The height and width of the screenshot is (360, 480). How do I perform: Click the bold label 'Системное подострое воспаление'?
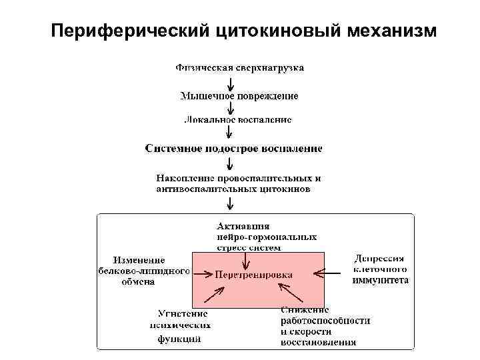(x=233, y=148)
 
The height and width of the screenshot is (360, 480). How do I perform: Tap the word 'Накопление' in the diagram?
(x=185, y=178)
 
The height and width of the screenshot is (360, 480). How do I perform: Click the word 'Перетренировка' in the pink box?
(x=255, y=274)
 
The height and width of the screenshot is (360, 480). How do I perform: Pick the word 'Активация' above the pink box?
(x=243, y=227)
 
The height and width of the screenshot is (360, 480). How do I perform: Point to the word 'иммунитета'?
(x=380, y=281)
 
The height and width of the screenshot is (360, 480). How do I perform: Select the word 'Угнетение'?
(x=182, y=313)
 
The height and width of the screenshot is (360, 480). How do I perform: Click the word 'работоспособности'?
(x=325, y=320)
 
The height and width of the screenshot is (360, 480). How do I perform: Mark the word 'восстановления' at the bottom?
(x=318, y=343)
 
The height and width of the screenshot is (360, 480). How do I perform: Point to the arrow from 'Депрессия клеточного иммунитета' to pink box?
(x=333, y=271)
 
